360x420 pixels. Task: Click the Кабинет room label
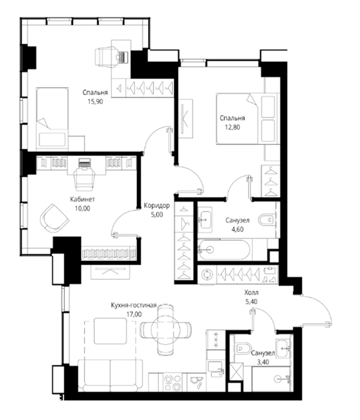point(82,199)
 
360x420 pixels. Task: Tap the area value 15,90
point(95,101)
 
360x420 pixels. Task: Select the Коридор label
point(157,205)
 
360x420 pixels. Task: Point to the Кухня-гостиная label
point(134,305)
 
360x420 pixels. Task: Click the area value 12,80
point(232,127)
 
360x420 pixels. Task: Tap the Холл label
point(251,292)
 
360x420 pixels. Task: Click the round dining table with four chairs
point(166,329)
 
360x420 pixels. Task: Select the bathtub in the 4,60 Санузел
point(224,250)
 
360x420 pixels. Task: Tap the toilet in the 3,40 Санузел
point(243,349)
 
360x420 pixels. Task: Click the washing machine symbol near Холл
point(207,275)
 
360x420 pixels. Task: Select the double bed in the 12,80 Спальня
point(247,119)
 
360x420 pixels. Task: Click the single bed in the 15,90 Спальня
point(52,118)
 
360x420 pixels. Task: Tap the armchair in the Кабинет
point(55,218)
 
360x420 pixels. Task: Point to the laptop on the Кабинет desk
point(85,163)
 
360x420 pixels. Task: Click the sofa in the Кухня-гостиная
point(110,376)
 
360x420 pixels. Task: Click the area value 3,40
point(263,362)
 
